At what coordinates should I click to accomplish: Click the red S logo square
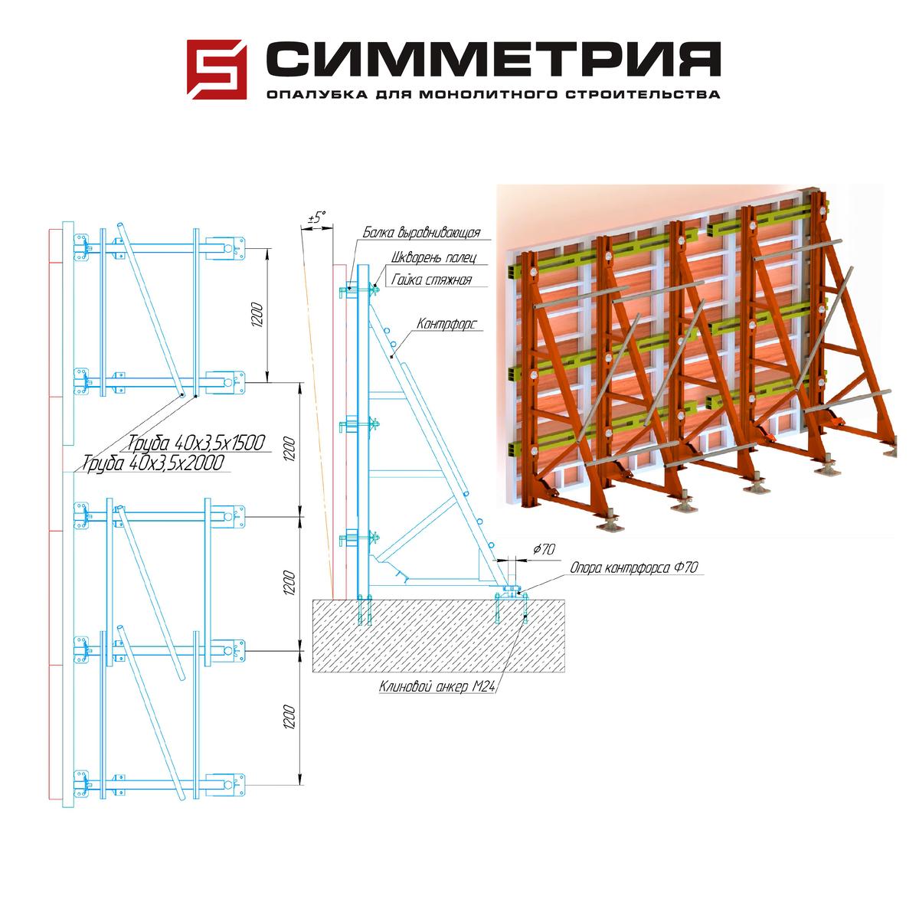pos(217,69)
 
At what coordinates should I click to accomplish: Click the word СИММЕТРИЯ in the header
pos(493,59)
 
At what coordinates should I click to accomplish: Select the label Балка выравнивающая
pos(421,232)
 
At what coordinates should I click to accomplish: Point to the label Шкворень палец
pos(433,257)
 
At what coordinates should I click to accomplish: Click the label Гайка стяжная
pos(431,280)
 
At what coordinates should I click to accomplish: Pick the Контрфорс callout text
pos(446,324)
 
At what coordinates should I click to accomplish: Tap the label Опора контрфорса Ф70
pos(634,567)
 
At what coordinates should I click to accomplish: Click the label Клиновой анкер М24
pos(437,686)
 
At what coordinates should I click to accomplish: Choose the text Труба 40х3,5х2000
pos(152,463)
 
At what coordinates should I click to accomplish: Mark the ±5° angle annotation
pos(316,218)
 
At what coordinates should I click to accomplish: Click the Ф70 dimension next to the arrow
pos(544,549)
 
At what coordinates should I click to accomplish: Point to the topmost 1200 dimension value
pos(257,314)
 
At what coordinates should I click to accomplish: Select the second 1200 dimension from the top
pos(289,449)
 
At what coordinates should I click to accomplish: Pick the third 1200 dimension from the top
pos(289,582)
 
